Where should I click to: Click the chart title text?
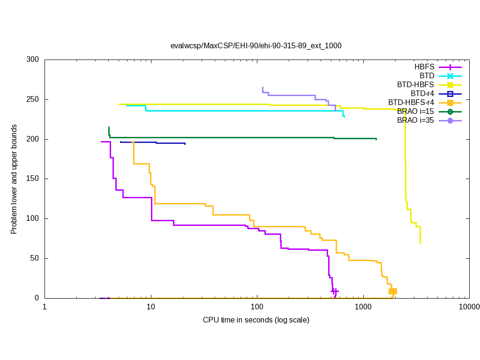[256, 46]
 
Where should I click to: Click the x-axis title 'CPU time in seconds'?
[256, 320]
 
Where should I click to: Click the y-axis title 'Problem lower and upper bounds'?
[14, 180]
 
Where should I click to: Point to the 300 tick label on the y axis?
[33, 60]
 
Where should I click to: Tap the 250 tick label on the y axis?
[33, 100]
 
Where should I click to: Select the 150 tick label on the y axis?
[33, 179]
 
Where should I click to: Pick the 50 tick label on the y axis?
[35, 258]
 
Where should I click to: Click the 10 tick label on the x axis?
[150, 307]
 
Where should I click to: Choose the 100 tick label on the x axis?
[257, 307]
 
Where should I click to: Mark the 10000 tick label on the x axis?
[469, 307]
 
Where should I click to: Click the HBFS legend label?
[424, 67]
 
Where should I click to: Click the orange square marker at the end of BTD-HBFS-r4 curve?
[393, 291]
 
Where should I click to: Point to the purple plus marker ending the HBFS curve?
[334, 291]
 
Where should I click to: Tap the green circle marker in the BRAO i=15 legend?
[450, 112]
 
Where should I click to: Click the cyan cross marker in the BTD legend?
[450, 76]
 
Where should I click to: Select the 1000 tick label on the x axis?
[363, 307]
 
